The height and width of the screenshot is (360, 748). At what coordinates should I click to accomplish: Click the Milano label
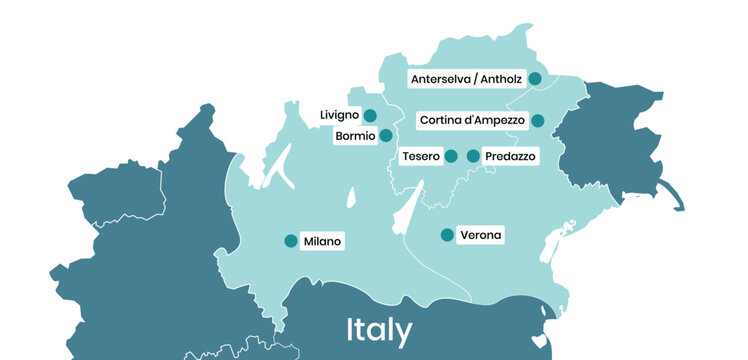pos(322,241)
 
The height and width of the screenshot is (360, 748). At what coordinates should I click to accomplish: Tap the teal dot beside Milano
pos(291,241)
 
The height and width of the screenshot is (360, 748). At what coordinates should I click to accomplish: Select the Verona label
pos(480,236)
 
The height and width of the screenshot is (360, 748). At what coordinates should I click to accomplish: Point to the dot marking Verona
pos(447,236)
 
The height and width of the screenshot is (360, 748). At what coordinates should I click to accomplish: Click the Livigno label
pos(339,115)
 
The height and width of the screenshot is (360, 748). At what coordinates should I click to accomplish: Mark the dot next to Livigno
pos(370,115)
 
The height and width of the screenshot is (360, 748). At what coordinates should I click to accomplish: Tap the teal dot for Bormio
pos(386,136)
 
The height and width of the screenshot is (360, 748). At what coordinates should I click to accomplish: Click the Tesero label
pos(420,157)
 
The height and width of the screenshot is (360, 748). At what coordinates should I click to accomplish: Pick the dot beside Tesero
pos(451,156)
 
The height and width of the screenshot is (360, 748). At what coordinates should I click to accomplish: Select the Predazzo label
pos(510,157)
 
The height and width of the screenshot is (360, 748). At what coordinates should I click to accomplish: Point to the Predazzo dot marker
pos(473,156)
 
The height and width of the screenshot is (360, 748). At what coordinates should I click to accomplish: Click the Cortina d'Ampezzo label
pos(472,120)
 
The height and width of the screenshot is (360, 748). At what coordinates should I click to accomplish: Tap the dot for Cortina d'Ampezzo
pos(538,121)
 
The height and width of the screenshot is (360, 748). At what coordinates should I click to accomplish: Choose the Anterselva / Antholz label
pos(467,78)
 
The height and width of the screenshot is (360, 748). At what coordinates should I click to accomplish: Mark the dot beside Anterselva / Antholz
pos(535,78)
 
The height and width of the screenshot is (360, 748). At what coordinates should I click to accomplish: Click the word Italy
pos(379,330)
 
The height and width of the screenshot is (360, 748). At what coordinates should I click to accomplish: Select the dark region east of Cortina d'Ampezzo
pos(610,140)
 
